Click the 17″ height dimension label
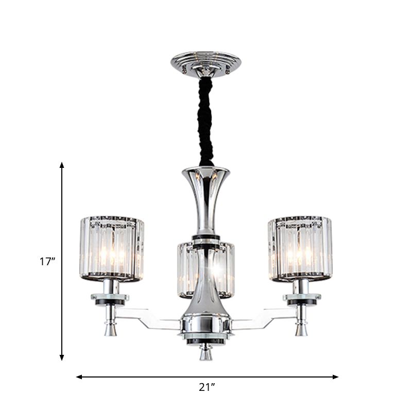coord(47,262)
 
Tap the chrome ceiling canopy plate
coord(205,62)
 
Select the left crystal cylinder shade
coord(112,249)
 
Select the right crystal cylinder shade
coord(300,249)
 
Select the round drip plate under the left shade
coord(110,298)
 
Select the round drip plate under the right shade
coord(302,298)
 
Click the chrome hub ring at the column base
coord(205,325)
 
